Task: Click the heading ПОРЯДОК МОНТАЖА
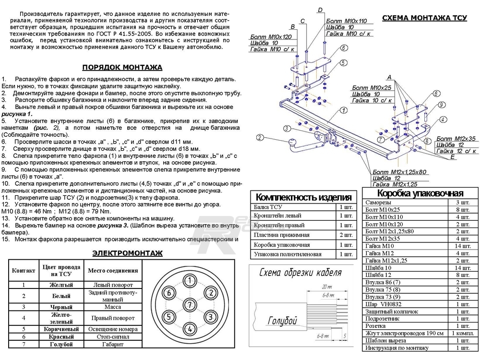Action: tap(122, 68)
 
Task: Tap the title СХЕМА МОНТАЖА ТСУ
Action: tap(424, 18)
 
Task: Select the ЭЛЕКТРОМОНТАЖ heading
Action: tap(127, 253)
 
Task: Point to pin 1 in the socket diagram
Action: tap(190, 280)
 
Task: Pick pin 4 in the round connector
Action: tap(190, 329)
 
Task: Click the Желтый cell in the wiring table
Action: tap(61, 284)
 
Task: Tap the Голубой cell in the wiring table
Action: tap(61, 345)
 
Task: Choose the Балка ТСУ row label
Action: tap(269, 207)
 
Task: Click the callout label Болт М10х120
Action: tap(271, 37)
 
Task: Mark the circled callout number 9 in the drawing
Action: tap(441, 105)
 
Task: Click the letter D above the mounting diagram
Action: tap(320, 10)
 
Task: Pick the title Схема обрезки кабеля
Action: tap(300, 273)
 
